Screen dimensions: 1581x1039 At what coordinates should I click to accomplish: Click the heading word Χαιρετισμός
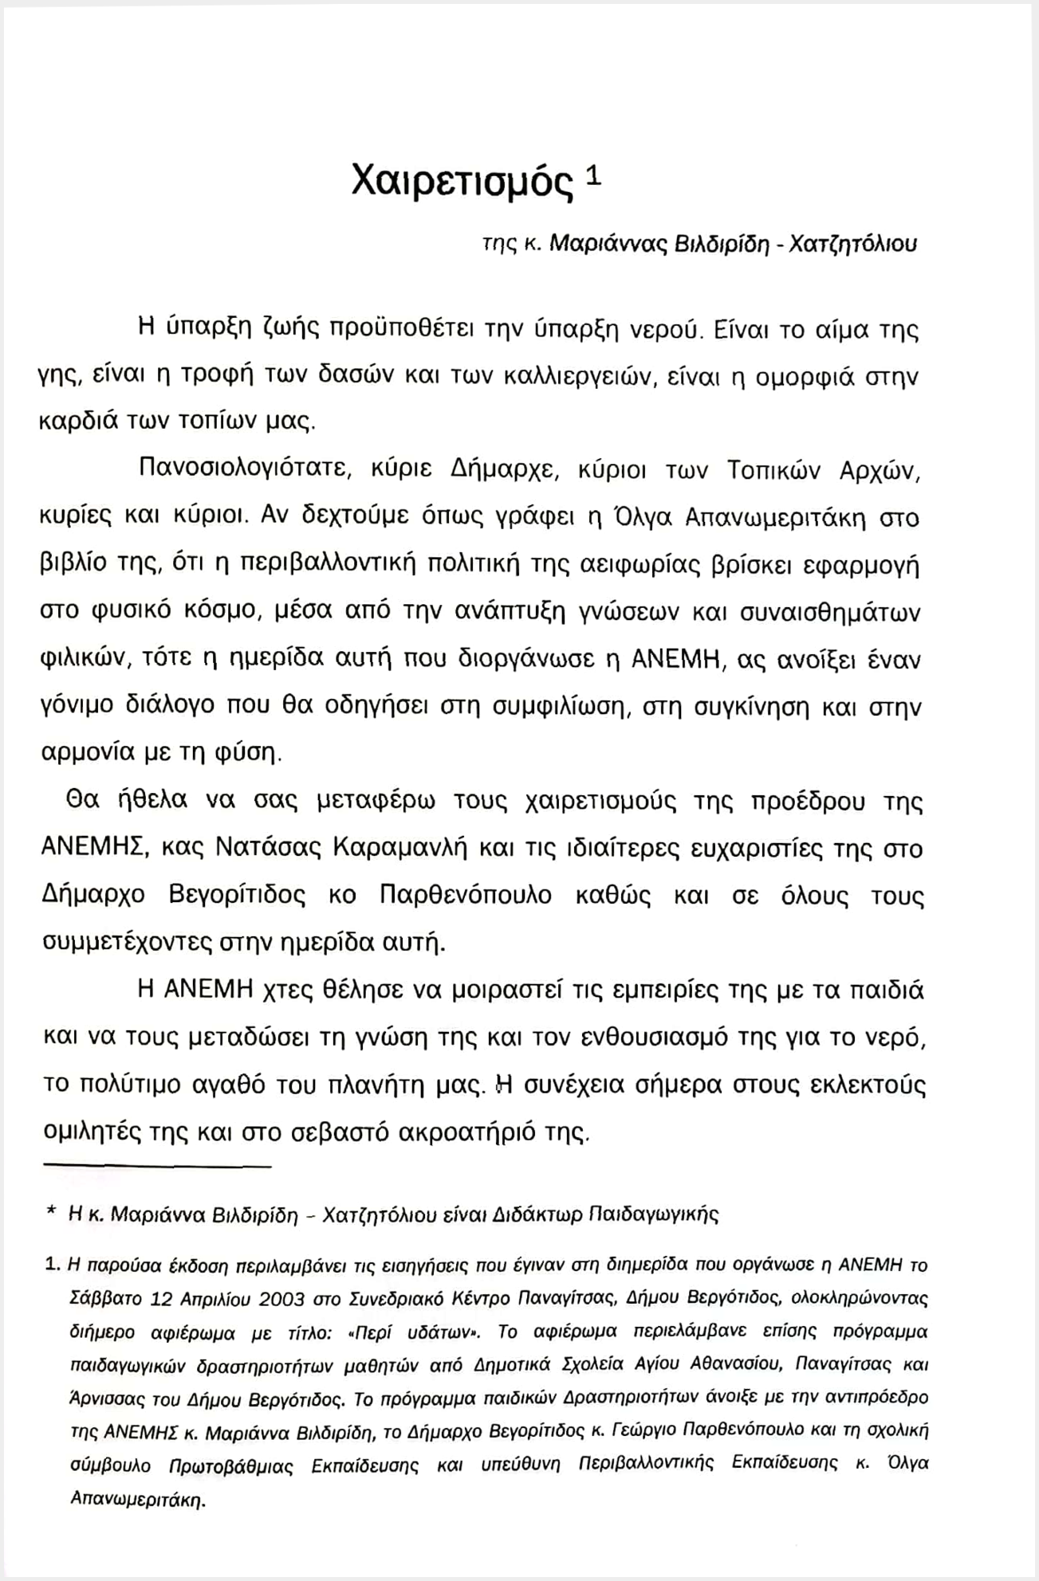coord(462,182)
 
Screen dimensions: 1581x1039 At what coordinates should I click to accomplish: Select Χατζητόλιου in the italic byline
coord(852,244)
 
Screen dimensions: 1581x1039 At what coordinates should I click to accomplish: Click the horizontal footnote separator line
coord(157,1167)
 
